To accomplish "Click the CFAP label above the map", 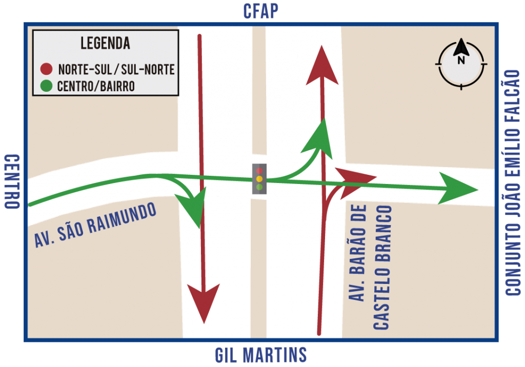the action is (260, 11).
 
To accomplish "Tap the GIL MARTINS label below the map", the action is (261, 355).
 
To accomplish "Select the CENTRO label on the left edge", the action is (12, 181).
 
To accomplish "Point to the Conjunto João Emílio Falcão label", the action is (512, 182).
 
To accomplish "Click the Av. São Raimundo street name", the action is (95, 225).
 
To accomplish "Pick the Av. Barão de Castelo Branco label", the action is (370, 267).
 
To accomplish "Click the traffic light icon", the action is (259, 179).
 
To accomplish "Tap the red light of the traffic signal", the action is (259, 171).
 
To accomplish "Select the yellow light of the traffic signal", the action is (259, 179).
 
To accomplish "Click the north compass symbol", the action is (461, 64).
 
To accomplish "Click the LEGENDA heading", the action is (105, 43).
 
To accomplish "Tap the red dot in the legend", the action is (46, 69).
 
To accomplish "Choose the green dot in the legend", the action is (46, 86).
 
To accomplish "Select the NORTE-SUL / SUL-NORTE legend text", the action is (116, 69).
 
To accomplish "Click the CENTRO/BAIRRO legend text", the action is (96, 87).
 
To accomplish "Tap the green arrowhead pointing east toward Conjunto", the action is (457, 189).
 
